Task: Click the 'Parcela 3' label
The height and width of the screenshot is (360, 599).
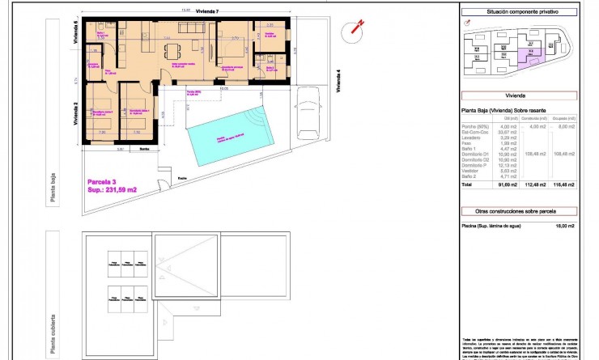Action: pos(104,181)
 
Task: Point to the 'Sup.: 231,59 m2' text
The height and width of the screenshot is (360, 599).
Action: pos(113,190)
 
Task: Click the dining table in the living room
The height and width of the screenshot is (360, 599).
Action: pos(173,51)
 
